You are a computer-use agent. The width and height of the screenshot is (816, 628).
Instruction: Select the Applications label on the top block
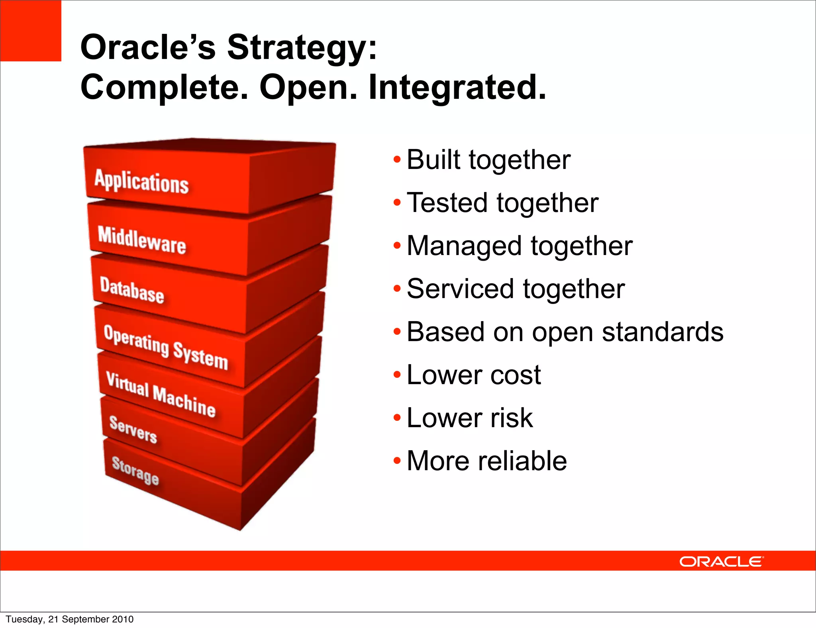(x=141, y=182)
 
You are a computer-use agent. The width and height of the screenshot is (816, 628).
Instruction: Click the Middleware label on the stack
(x=142, y=240)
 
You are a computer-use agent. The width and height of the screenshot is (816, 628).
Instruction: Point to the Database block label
(x=132, y=290)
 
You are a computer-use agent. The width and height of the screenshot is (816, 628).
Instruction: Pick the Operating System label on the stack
(x=165, y=347)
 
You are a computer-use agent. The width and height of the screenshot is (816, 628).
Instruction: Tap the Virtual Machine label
(x=161, y=394)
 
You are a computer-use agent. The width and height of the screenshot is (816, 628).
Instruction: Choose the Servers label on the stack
(x=133, y=430)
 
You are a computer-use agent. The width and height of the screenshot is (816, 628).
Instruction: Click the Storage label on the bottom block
(x=135, y=471)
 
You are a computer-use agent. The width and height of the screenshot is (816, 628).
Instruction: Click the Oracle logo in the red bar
(x=721, y=561)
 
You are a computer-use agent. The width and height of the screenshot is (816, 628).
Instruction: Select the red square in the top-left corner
(x=31, y=31)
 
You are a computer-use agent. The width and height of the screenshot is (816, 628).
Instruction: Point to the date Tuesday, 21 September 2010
(x=70, y=619)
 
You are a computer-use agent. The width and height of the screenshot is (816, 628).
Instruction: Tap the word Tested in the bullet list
(x=447, y=203)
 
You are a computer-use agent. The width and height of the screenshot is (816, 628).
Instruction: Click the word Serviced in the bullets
(x=460, y=289)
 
